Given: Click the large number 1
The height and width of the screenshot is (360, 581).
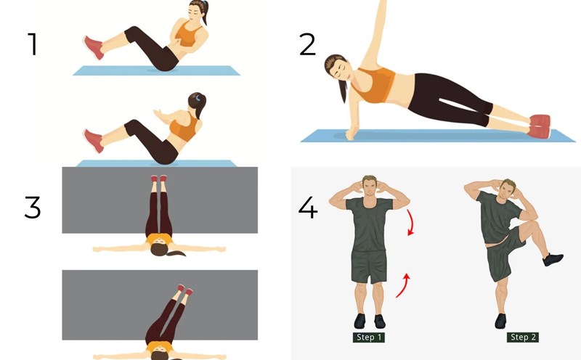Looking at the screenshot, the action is click(x=33, y=44).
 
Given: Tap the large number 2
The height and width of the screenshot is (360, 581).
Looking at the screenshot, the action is click(x=307, y=44).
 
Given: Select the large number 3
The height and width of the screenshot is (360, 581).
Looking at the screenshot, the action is click(x=32, y=207).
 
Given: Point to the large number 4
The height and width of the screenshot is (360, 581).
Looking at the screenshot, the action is click(x=307, y=208).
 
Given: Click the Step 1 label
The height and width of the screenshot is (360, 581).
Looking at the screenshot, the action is click(x=369, y=337).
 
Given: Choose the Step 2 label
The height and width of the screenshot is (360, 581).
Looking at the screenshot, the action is click(x=523, y=337).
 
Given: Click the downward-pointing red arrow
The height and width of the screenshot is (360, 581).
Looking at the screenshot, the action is click(x=410, y=222).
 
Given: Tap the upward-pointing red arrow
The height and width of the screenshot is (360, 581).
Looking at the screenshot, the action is click(x=404, y=285).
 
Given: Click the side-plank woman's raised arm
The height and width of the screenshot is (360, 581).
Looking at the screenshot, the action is click(x=375, y=34).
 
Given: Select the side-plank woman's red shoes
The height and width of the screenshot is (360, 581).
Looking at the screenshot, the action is click(x=540, y=126).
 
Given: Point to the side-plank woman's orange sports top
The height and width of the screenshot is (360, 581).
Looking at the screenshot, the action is click(x=373, y=85).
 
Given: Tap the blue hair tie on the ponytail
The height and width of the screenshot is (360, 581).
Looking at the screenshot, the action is click(x=198, y=98).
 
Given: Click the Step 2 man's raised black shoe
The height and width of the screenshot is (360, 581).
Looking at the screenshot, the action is click(x=553, y=259).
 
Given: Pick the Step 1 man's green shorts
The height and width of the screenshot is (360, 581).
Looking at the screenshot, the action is click(x=369, y=266).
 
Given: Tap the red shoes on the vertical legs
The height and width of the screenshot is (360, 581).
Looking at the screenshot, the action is click(x=158, y=179).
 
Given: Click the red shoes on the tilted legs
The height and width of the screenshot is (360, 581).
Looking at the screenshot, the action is click(x=185, y=290).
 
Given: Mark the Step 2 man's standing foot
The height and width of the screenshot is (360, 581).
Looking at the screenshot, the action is click(x=500, y=321).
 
